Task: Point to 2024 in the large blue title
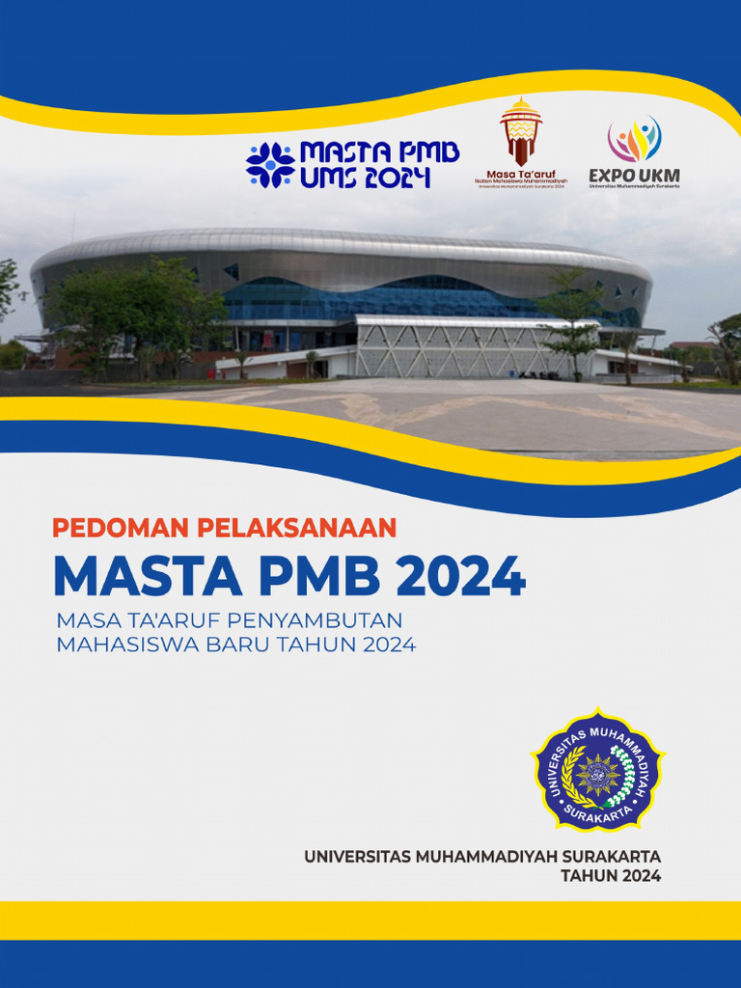(x=461, y=576)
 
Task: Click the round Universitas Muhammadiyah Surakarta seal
(x=598, y=770)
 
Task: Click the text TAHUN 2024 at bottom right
(x=611, y=876)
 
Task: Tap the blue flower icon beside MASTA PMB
(x=270, y=164)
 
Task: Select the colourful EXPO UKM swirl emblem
(x=634, y=140)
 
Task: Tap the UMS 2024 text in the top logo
(x=365, y=178)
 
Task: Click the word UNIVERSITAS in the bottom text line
(x=357, y=856)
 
